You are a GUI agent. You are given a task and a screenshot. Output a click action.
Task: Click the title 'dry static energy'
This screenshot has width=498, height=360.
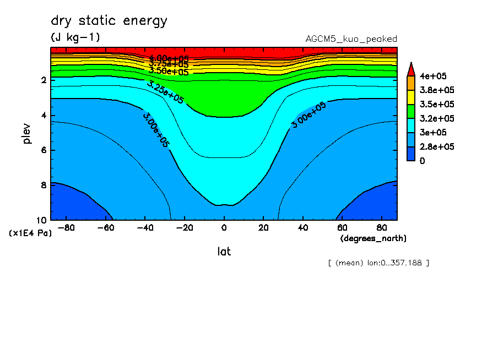[x=109, y=21]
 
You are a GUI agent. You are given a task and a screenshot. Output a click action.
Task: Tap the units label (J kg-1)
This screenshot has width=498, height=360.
[x=75, y=37]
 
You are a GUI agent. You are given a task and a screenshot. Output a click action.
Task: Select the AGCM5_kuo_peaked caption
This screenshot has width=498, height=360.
[x=351, y=39]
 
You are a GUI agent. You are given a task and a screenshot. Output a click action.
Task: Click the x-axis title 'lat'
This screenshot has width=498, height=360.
[x=224, y=252]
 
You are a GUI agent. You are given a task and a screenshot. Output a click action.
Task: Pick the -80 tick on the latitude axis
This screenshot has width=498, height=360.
[x=66, y=227]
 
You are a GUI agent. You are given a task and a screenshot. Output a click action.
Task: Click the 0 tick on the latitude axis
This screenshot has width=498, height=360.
[x=224, y=227]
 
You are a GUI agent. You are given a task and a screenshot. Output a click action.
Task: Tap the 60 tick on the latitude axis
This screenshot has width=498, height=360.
[x=342, y=227]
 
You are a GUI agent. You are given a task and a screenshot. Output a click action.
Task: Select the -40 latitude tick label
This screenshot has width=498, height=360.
[x=144, y=227]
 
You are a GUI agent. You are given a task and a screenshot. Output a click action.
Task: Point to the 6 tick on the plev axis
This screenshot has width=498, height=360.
[x=44, y=150]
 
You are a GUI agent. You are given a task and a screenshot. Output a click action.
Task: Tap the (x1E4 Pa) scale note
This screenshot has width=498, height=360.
[x=30, y=233]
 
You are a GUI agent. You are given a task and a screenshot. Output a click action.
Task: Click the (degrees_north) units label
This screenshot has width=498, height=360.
[x=373, y=238]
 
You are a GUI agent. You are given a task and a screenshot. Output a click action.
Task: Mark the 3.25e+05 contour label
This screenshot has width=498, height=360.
[x=165, y=91]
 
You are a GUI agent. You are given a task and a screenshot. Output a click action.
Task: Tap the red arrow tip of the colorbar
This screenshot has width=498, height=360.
[x=411, y=68]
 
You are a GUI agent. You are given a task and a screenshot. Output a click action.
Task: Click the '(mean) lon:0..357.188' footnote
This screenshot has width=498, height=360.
[x=378, y=263]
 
